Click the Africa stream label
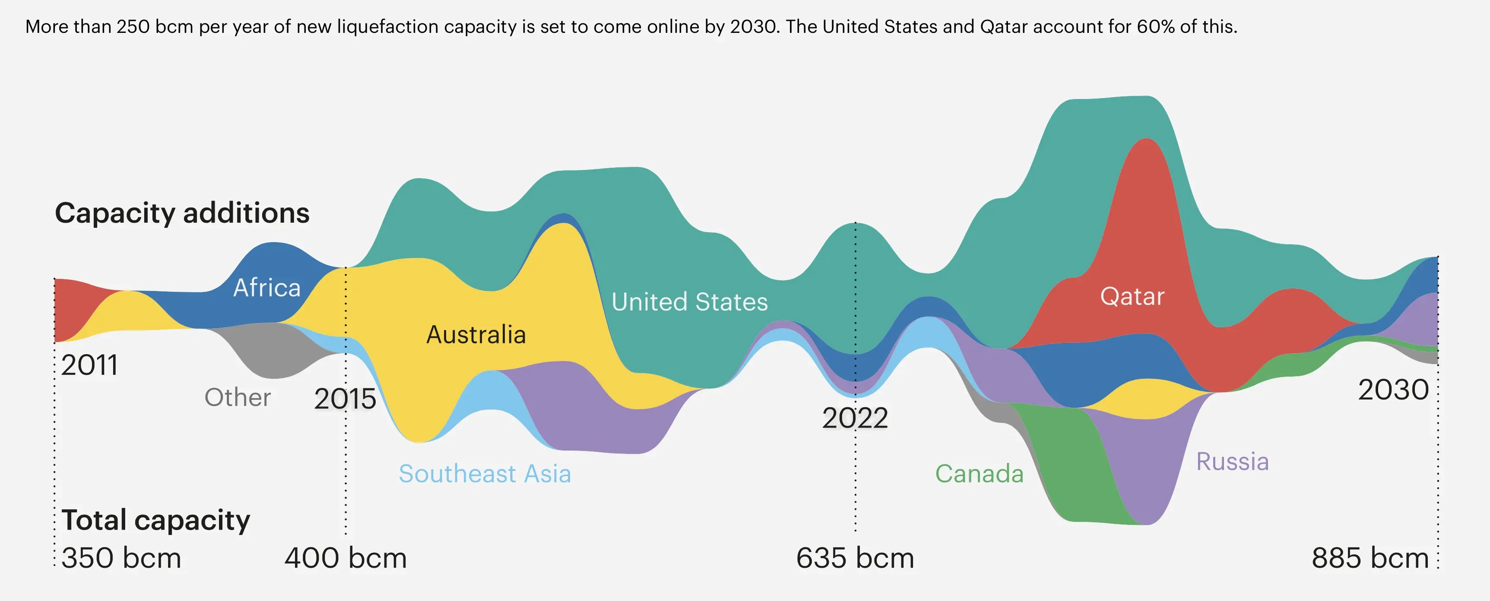pos(266,288)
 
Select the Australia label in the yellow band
pos(476,335)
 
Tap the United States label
pos(689,302)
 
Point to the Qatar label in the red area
pos(1132,297)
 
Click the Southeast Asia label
pos(485,473)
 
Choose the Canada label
pos(979,473)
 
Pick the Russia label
pos(1232,461)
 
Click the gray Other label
pos(237,397)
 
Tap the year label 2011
pos(90,365)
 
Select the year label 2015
pos(345,399)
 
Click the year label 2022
pos(855,418)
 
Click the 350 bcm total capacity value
pos(121,558)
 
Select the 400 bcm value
pos(346,558)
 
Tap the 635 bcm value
pos(855,558)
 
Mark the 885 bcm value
pos(1370,558)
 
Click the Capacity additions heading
pos(182,213)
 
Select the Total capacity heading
pos(155,520)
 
